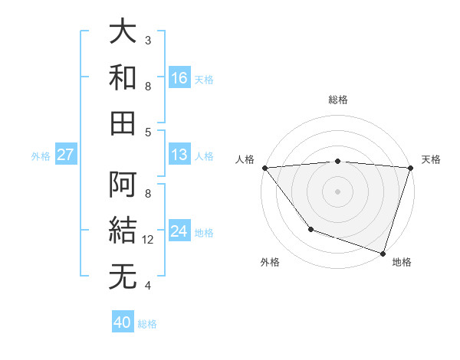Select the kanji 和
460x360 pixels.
123,77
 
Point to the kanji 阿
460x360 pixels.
123,185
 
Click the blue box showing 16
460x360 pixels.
179,77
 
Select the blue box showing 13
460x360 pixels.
179,155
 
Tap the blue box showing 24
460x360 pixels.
179,231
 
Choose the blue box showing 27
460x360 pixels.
66,155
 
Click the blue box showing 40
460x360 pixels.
123,322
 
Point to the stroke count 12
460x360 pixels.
149,240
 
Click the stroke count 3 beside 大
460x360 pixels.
148,40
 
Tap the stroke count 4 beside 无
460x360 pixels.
148,286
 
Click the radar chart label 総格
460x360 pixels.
338,100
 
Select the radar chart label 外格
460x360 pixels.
270,262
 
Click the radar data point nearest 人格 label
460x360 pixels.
264,168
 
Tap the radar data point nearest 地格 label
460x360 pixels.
383,253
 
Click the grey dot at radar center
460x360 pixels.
337,191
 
